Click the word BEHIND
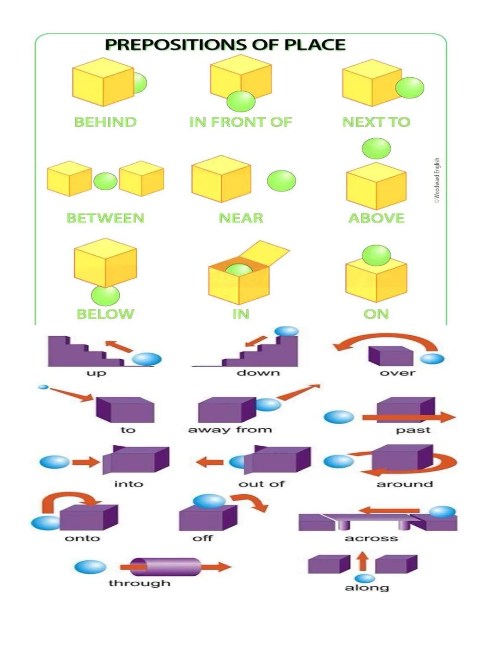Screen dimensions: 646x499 pyautogui.click(x=105, y=122)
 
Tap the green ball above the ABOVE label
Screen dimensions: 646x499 pyautogui.click(x=376, y=148)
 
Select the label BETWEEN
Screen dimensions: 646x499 pyautogui.click(x=105, y=218)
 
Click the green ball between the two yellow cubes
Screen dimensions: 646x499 pyautogui.click(x=105, y=181)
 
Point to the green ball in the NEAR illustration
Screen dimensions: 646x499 pyautogui.click(x=281, y=180)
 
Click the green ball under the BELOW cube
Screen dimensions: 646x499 pyautogui.click(x=105, y=295)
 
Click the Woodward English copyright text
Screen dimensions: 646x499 pyautogui.click(x=437, y=180)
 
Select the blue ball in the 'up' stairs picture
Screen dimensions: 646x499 pyautogui.click(x=147, y=359)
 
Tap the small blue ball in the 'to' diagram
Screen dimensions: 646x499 pyautogui.click(x=43, y=387)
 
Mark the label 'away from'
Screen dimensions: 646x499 pyautogui.click(x=230, y=430)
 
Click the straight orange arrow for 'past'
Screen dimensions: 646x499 pyautogui.click(x=409, y=418)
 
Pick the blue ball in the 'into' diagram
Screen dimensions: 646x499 pyautogui.click(x=55, y=461)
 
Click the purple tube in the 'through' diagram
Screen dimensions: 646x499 pyautogui.click(x=165, y=567)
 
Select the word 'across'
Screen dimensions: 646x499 pyautogui.click(x=371, y=538)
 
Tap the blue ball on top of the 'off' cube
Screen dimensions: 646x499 pyautogui.click(x=209, y=501)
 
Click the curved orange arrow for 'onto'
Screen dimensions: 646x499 pyautogui.click(x=69, y=499)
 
